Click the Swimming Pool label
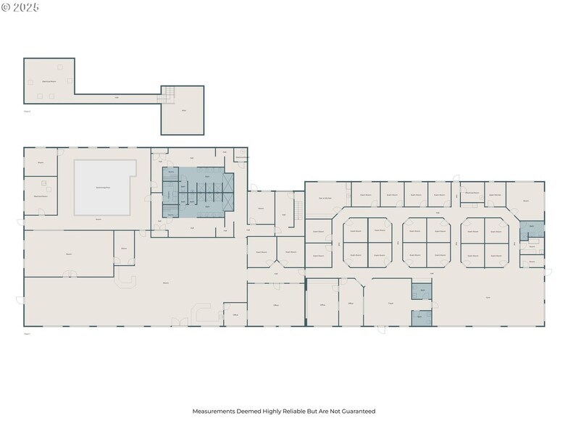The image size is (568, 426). point(103,187)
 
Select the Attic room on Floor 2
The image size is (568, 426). point(182,111)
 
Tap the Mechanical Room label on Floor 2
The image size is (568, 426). point(49,81)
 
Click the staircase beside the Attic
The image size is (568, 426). point(168,93)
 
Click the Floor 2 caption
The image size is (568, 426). point(28,111)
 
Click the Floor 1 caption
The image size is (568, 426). point(28,334)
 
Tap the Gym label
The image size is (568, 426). point(488,298)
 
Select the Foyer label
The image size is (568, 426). point(390,303)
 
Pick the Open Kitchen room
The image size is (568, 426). point(496,194)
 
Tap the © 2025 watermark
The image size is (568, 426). point(20,7)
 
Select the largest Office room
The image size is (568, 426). point(276,306)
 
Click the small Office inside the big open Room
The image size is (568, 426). point(235,314)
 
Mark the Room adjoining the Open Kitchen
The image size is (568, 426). point(525,200)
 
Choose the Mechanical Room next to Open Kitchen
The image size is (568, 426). point(472,193)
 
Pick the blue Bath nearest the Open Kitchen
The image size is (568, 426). point(531,227)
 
